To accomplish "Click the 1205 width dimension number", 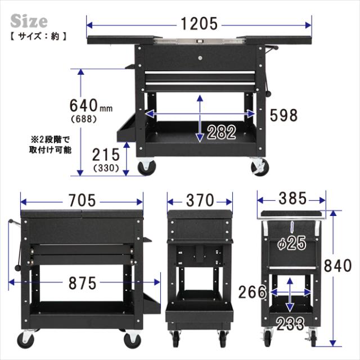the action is coord(199,24).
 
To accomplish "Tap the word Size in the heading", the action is coord(29,21).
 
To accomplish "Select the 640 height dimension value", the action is coord(84,105).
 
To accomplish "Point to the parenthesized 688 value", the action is coord(84,119).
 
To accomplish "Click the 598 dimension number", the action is coord(283,115).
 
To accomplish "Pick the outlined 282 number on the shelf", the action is coord(221,132).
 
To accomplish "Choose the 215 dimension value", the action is coord(106,155).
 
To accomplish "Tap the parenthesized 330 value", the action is coord(106,168).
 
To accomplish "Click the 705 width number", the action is coord(82,200).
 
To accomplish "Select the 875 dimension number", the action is coord(83,283).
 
